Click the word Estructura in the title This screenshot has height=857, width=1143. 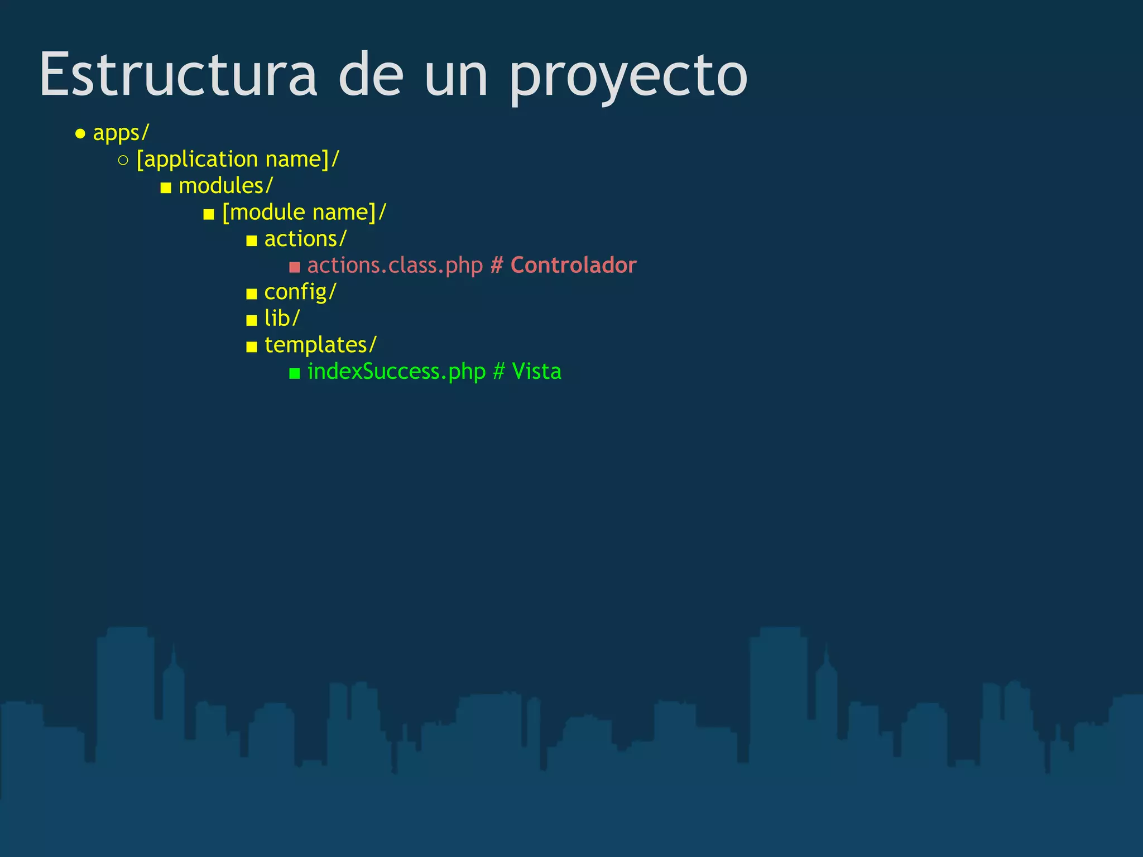point(178,75)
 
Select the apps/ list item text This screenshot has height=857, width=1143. point(121,133)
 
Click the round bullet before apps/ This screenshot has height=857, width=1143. point(80,134)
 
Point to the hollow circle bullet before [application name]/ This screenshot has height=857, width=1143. point(123,161)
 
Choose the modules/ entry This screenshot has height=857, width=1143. point(225,186)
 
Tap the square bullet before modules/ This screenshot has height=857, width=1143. point(166,188)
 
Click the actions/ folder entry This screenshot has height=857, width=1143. point(305,239)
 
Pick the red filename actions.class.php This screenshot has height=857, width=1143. point(395,266)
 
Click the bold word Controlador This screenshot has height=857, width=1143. point(573,266)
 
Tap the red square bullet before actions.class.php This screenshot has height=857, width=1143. point(295,267)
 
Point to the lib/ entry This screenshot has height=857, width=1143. point(282,319)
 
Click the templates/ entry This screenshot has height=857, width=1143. point(320,345)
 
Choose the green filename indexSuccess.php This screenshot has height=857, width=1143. point(396,372)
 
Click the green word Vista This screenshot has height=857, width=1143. point(536,372)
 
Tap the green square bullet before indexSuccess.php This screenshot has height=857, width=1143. point(295,373)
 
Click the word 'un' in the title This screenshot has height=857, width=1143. point(456,77)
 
